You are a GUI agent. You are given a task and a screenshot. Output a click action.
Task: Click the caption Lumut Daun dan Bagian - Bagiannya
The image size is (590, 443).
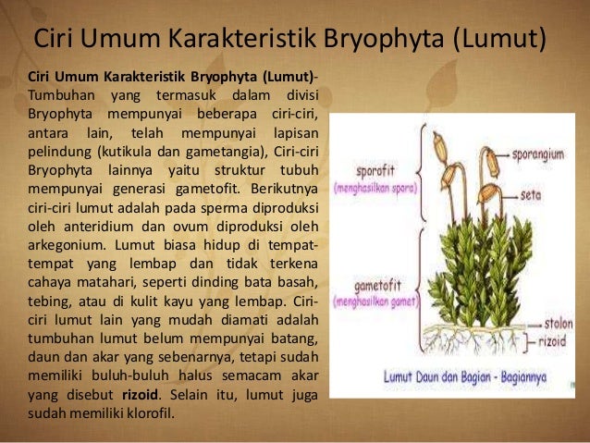click(481, 376)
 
